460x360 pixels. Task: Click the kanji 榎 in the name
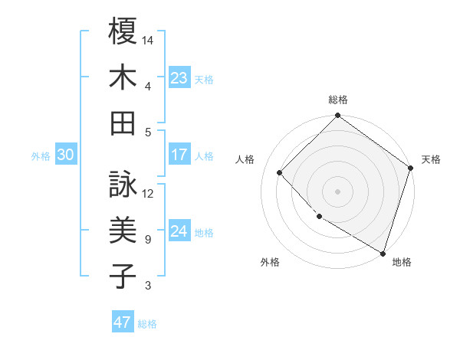(123, 31)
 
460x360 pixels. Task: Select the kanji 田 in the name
(123, 122)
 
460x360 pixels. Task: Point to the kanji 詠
(123, 185)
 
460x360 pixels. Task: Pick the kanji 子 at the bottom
(123, 276)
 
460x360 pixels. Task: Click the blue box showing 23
(179, 78)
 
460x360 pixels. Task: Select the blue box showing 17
(179, 155)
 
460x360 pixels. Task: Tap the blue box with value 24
(179, 231)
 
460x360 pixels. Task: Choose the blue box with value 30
(64, 155)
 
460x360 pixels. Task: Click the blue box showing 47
(122, 322)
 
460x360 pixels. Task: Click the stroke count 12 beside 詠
(149, 193)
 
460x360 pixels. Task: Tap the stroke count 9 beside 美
(147, 240)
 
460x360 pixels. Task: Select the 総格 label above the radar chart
(338, 100)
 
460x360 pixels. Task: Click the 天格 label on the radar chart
(431, 159)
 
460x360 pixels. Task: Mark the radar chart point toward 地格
(383, 252)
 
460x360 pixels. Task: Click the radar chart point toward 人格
(280, 172)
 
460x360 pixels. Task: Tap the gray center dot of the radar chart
(337, 191)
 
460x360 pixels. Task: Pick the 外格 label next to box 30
(41, 155)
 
